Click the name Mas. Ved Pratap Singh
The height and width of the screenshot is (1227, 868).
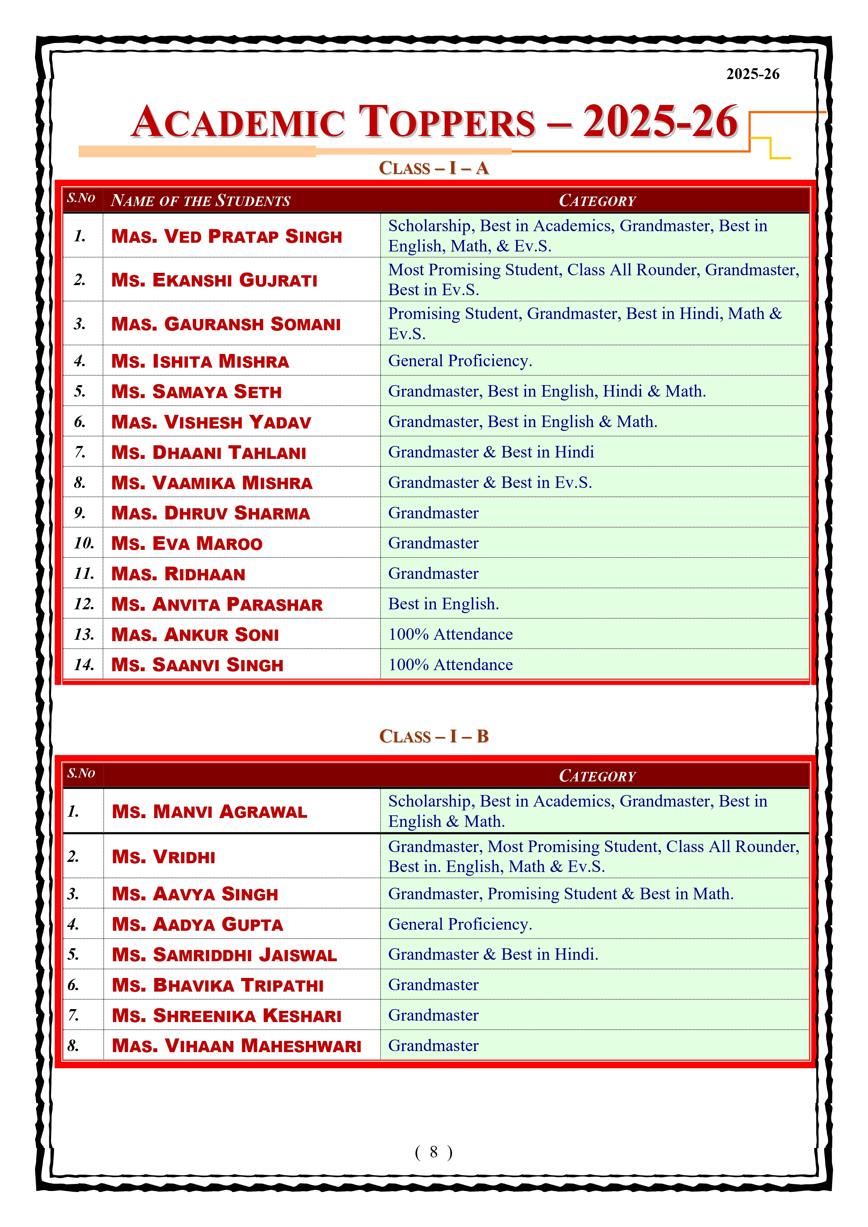227,236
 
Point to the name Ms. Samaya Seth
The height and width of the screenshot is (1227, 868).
196,392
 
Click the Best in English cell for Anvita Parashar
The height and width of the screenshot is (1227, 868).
443,604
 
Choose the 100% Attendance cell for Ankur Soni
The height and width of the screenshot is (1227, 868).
450,634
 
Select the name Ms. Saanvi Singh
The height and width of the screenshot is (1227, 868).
197,665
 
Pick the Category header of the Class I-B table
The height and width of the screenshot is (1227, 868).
597,776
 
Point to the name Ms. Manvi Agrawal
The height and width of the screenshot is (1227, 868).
209,812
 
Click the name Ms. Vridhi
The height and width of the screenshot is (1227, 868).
164,857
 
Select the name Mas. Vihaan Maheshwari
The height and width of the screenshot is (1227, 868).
236,1046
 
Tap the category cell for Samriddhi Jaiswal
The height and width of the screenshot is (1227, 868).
493,955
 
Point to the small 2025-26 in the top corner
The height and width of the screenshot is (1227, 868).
753,74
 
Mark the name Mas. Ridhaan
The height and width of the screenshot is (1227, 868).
178,574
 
